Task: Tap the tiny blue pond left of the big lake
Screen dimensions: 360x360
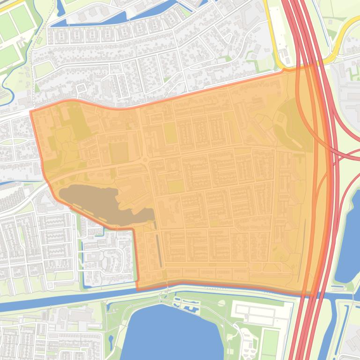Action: point(111,339)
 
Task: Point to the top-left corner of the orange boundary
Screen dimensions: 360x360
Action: point(31,111)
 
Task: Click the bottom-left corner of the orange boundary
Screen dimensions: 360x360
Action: point(137,289)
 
